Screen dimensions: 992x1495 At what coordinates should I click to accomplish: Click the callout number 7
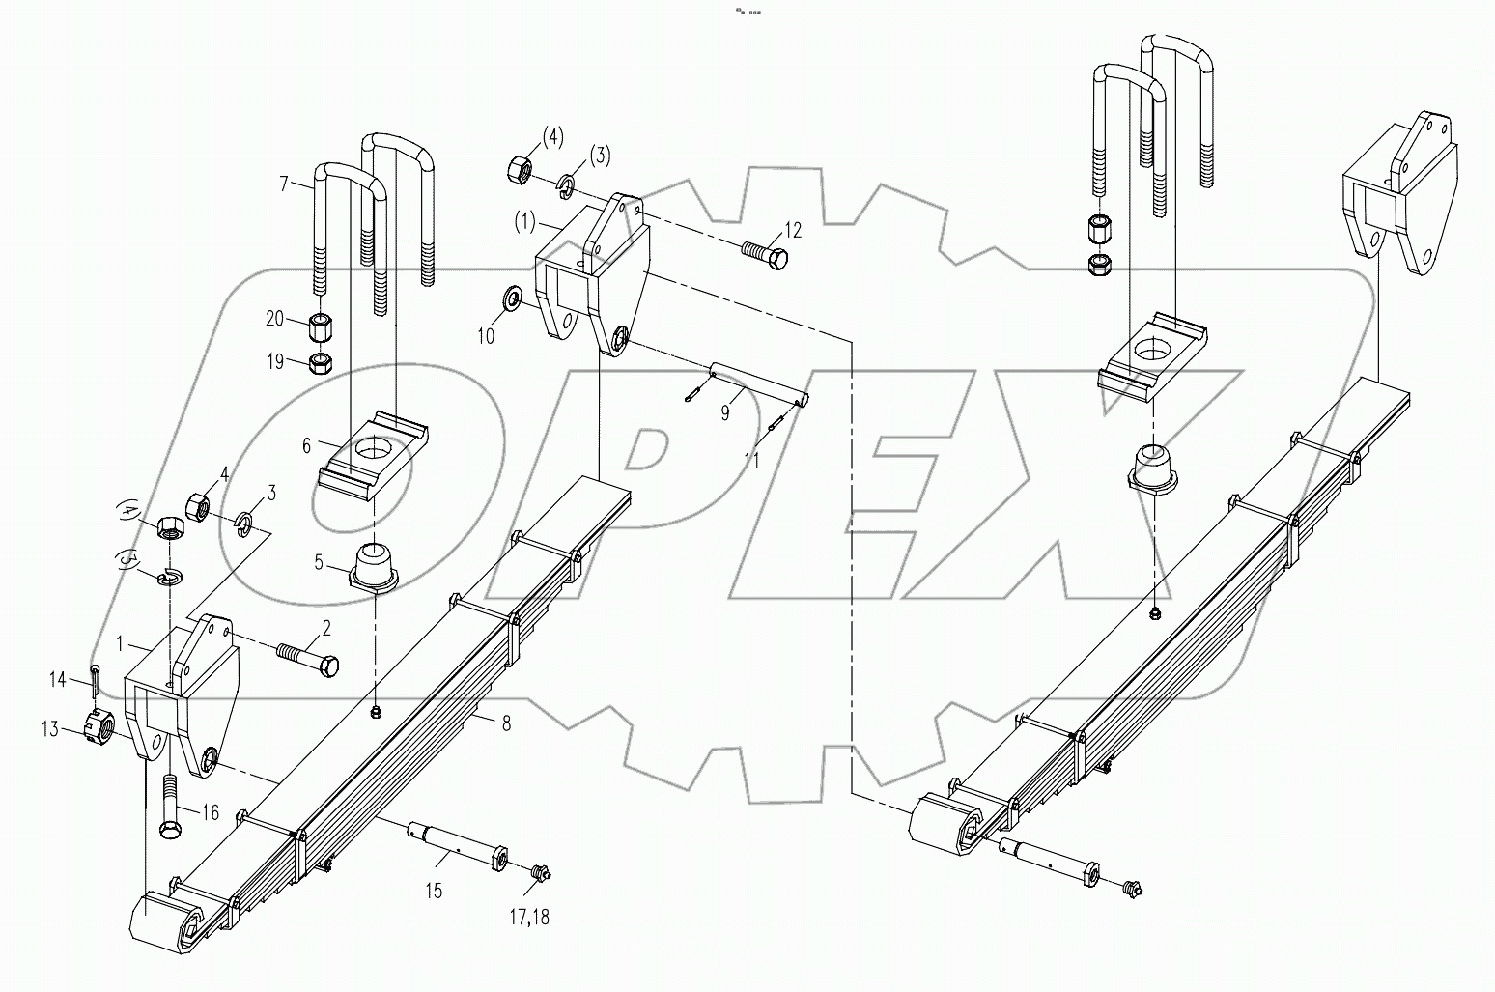coord(285,184)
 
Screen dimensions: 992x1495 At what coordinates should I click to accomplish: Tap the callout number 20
coord(275,319)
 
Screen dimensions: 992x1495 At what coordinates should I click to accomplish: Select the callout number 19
coord(275,362)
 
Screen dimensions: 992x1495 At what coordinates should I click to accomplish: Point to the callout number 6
coord(307,444)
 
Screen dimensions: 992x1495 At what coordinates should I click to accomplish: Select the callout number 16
coord(209,813)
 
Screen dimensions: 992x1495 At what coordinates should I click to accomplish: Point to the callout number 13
coord(77,728)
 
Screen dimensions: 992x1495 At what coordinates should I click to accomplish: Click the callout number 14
coord(58,681)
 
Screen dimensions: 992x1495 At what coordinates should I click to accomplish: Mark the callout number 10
coord(486,336)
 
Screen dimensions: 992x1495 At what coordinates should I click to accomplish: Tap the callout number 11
coord(751,461)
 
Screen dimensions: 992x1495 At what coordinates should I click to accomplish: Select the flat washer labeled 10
coord(511,294)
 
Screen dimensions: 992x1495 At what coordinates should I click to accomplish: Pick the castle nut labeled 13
coord(103,723)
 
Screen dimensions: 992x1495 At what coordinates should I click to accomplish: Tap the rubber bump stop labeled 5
coord(373,568)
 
